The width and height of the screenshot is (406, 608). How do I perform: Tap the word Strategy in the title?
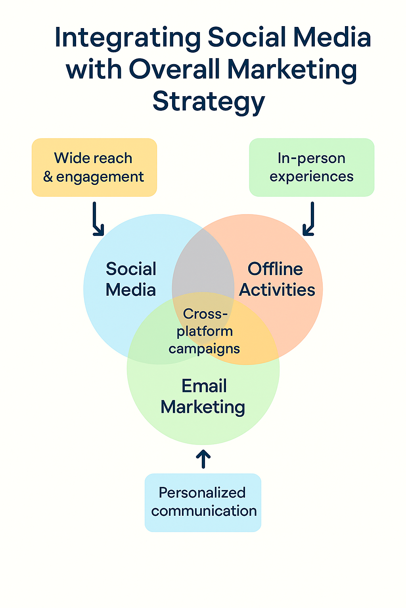pos(209,101)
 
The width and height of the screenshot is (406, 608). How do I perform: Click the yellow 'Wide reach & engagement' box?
pos(94,167)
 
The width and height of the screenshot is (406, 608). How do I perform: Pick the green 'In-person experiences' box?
pos(311,167)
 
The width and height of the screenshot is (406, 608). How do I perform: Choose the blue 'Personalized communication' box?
pos(203,502)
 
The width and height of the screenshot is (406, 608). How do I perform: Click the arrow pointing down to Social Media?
pos(97,220)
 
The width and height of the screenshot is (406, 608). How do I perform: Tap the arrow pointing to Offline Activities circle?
pos(310,220)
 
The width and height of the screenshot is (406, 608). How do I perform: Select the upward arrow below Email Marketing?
pos(203,459)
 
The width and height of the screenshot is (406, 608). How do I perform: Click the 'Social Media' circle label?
pos(131,279)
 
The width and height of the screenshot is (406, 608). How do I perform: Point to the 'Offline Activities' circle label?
pos(277,279)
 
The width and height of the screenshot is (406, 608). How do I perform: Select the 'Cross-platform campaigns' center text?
pos(204,331)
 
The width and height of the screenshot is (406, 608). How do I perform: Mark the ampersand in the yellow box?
pos(48,177)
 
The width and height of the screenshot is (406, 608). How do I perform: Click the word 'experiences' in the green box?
pos(311,177)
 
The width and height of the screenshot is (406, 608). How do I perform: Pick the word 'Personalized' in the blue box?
pos(202,493)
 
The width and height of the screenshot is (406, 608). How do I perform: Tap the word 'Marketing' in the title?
pos(292,70)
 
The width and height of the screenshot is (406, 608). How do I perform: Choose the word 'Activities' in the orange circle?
pos(277,290)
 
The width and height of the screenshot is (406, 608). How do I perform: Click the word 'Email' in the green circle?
pos(204,386)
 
